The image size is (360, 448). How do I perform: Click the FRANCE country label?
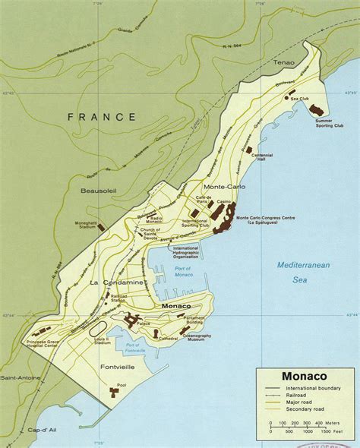point(101,117)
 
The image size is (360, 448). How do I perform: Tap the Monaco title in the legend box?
point(305,375)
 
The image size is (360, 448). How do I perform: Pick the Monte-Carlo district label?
point(223,186)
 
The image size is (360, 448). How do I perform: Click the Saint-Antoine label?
point(18,377)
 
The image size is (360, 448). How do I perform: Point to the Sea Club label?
point(298,99)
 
